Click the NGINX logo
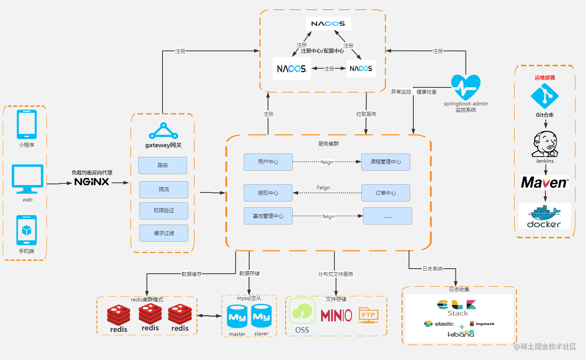tap(92, 182)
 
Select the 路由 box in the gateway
tap(163, 166)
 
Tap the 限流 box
tap(164, 189)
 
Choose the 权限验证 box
tap(164, 211)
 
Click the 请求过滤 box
tap(164, 233)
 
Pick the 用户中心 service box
tap(268, 162)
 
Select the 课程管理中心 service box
tap(386, 162)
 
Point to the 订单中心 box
tap(386, 193)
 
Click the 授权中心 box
tap(268, 193)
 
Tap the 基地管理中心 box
tap(268, 216)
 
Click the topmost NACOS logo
tap(329, 23)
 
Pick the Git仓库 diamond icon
tap(545, 96)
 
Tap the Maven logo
tap(545, 183)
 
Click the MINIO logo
tap(336, 315)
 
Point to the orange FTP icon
tap(368, 315)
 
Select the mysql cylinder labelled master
tap(237, 316)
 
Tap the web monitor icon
tap(27, 179)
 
